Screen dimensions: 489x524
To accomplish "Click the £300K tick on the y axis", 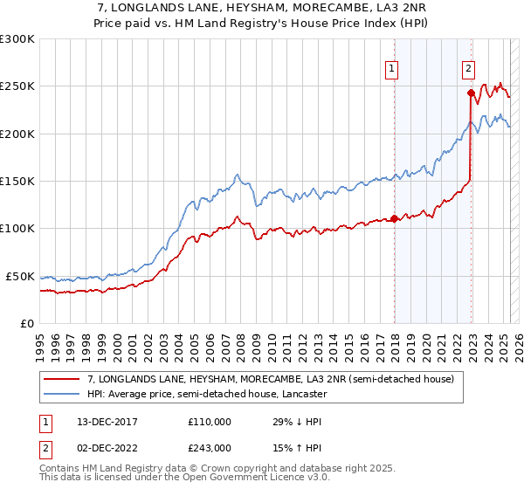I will [x=17, y=39].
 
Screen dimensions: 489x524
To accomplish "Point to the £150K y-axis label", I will [x=17, y=182].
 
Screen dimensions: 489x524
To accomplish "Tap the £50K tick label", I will [x=19, y=276].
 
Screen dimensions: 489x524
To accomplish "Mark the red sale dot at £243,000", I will [x=471, y=93].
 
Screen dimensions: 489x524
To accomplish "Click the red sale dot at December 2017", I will [x=394, y=218].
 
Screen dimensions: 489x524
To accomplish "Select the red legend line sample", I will [x=63, y=380].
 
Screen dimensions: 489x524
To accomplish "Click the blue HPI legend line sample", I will [x=63, y=395].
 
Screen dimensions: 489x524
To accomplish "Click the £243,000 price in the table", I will [x=209, y=447].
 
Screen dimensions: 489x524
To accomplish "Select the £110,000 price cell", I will [x=209, y=421].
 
